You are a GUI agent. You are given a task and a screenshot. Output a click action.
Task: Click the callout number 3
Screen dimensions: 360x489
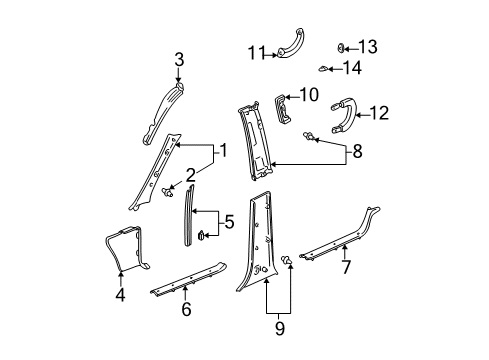click(x=179, y=60)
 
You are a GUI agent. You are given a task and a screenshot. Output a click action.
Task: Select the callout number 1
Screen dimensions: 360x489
click(x=225, y=152)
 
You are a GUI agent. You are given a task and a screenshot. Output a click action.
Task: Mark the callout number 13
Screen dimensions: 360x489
click(x=369, y=46)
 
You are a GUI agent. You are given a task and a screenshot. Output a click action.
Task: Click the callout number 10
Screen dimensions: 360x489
click(x=310, y=95)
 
